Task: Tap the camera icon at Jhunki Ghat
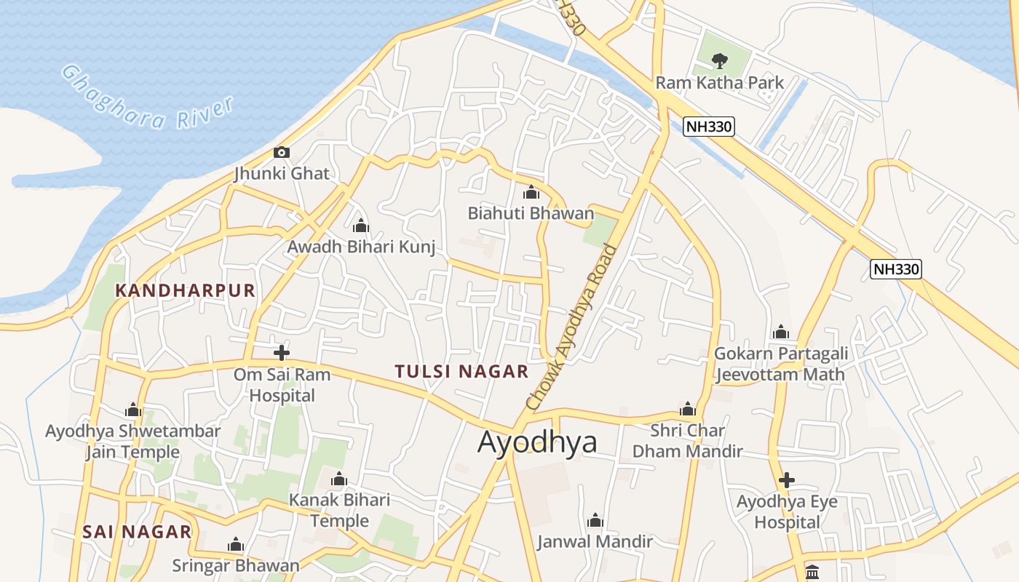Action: tap(282, 152)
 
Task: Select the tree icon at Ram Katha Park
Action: tap(720, 60)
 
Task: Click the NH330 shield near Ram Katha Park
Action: tap(709, 127)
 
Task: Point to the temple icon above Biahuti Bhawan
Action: tap(531, 193)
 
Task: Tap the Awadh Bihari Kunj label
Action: tap(361, 247)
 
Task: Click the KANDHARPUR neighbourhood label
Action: tap(186, 291)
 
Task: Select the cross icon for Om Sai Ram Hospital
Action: tap(282, 353)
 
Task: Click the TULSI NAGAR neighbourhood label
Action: tap(461, 372)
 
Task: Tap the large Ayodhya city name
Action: tap(537, 442)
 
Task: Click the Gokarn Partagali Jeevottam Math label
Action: tap(780, 364)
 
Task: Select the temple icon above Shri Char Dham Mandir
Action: tap(687, 409)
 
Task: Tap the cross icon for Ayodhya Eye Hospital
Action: tap(786, 480)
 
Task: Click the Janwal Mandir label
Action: tap(595, 541)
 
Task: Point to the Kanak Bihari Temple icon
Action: tap(339, 479)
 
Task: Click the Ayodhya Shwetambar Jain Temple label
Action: tap(132, 442)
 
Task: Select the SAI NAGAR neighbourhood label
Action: tap(137, 532)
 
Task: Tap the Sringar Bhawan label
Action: tap(235, 565)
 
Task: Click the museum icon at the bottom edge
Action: tap(812, 573)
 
